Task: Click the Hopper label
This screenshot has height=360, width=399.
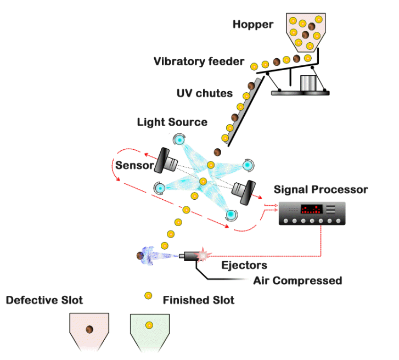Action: click(x=252, y=24)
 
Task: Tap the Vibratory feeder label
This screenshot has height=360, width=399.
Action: click(x=199, y=61)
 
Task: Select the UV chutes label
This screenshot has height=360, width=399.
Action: click(x=204, y=93)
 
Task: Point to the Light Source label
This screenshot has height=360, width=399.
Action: click(x=172, y=122)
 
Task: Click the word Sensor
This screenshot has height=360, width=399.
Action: click(x=134, y=165)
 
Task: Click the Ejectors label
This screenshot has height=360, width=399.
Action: click(x=244, y=266)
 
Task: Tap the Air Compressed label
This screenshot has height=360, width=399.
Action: click(x=297, y=281)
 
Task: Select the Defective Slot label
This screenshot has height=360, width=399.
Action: click(x=44, y=300)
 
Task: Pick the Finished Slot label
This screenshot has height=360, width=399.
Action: click(x=199, y=300)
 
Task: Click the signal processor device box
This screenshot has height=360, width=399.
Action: click(x=311, y=213)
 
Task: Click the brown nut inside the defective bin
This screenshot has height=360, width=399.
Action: click(x=89, y=329)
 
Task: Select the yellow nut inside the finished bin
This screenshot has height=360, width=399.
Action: click(x=149, y=327)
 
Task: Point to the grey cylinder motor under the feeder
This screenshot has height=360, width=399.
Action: click(x=308, y=83)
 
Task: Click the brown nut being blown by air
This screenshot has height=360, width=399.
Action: click(x=141, y=256)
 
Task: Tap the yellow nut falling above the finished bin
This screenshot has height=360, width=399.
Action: click(x=148, y=296)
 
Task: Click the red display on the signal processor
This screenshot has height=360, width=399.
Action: click(x=311, y=209)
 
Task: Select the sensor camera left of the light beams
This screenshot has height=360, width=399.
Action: click(x=166, y=162)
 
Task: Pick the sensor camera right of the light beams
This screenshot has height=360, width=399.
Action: click(x=244, y=189)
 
